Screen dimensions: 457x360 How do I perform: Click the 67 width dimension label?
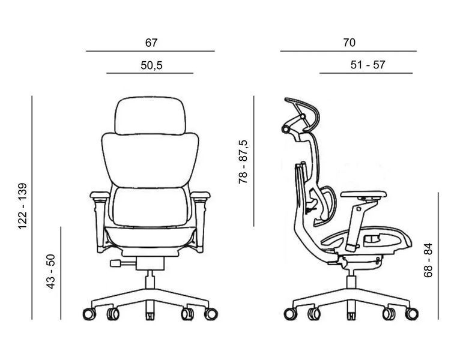[151, 43]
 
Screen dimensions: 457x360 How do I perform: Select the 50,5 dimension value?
[151, 65]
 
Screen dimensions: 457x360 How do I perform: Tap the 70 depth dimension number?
[349, 43]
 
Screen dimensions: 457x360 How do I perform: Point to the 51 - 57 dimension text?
[368, 65]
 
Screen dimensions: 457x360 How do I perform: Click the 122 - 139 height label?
[23, 206]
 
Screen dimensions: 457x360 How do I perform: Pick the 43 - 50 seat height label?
[50, 271]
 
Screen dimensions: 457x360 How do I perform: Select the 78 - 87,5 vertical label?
[243, 162]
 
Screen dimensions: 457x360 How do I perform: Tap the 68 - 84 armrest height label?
[428, 260]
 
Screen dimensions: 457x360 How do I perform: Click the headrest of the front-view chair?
[150, 116]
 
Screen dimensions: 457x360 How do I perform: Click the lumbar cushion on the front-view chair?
[150, 207]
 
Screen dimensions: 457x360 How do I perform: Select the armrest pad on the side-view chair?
[363, 194]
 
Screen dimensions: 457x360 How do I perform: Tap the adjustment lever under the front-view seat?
[123, 263]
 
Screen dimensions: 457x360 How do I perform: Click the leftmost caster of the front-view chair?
[89, 314]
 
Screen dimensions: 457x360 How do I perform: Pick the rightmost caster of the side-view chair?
[412, 314]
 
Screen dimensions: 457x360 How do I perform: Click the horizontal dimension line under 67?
[150, 51]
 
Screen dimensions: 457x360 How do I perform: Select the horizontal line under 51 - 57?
[366, 73]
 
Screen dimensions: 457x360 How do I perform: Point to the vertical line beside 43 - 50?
[61, 273]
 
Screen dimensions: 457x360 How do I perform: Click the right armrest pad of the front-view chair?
[200, 194]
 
